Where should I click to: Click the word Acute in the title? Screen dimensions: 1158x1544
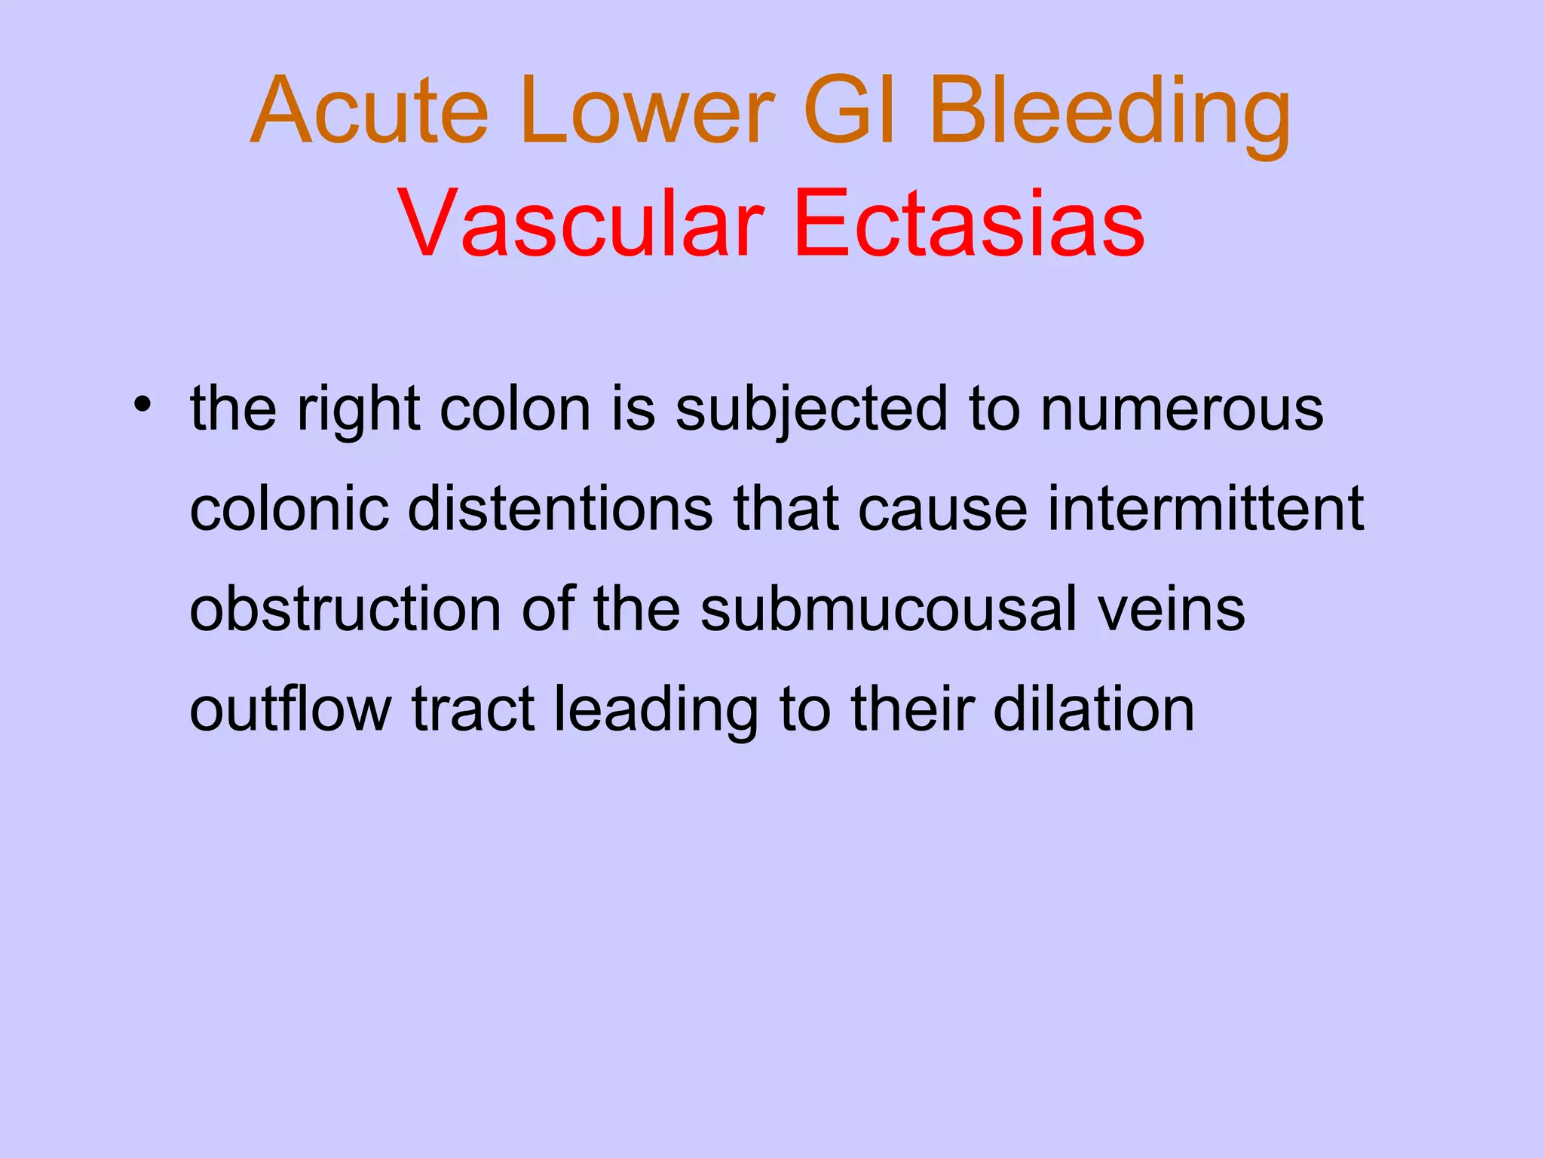pyautogui.click(x=369, y=111)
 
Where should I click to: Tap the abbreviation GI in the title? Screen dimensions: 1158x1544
pyautogui.click(x=850, y=111)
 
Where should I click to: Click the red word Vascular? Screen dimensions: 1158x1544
pyautogui.click(x=581, y=224)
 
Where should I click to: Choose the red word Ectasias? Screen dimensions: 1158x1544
pyautogui.click(x=969, y=224)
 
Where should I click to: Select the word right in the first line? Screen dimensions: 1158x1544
pyautogui.click(x=358, y=411)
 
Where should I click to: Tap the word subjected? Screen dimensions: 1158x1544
pyautogui.click(x=811, y=411)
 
